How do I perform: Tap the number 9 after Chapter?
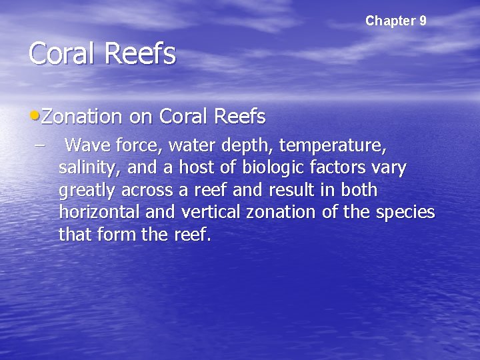tap(423, 21)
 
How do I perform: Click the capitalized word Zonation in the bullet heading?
tap(81, 117)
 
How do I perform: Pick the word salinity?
tap(87, 167)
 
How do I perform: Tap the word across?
tap(147, 190)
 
